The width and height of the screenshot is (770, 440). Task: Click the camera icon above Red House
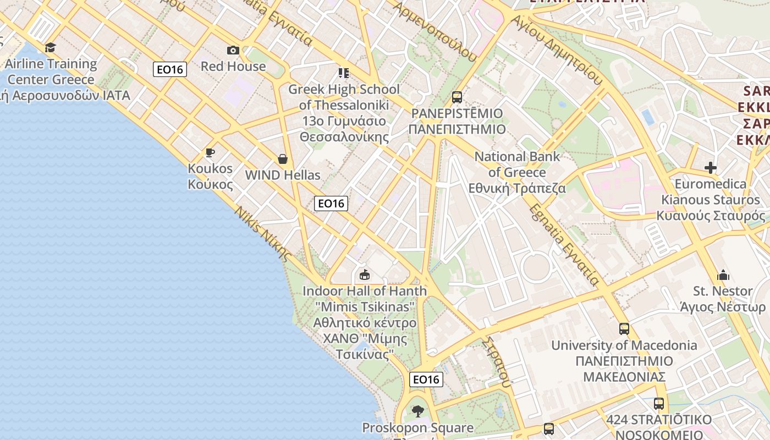(x=233, y=51)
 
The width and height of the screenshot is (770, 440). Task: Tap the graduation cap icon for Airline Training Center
(x=51, y=48)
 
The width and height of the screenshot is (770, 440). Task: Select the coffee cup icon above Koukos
(x=210, y=152)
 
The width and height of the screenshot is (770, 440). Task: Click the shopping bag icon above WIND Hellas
(x=283, y=159)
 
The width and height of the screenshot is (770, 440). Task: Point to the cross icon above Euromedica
(x=711, y=168)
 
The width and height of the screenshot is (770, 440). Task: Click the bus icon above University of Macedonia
(x=624, y=329)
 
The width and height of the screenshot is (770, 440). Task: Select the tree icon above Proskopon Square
(x=418, y=411)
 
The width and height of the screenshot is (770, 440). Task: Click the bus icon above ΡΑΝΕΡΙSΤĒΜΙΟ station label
(x=457, y=97)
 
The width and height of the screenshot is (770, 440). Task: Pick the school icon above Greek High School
(x=344, y=73)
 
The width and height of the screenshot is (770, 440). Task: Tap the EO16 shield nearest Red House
(x=170, y=69)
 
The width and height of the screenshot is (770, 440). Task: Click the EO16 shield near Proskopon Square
(x=426, y=379)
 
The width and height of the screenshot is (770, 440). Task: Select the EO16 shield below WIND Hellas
(x=331, y=203)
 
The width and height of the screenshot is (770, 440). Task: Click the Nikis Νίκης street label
(x=262, y=233)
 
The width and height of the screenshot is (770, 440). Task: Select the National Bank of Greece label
(x=517, y=172)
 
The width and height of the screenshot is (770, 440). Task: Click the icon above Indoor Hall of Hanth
(x=364, y=274)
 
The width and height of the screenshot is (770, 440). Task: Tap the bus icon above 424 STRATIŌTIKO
(x=659, y=404)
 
